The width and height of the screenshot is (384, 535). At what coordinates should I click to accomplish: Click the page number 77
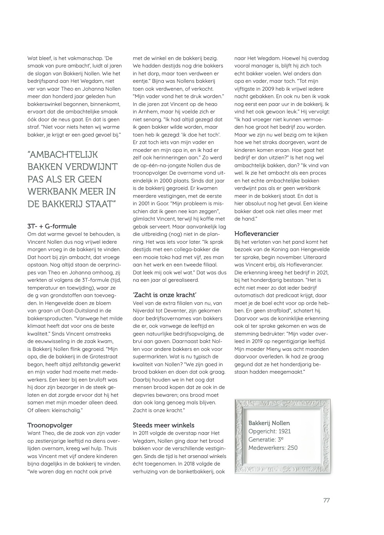pyautogui.click(x=326, y=500)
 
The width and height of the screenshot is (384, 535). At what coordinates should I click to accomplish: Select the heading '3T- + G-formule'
pyautogui.click(x=52, y=226)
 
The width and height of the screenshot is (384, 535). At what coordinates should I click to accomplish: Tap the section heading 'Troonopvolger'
pyautogui.click(x=50, y=425)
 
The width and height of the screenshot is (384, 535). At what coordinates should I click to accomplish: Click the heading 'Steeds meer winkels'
pyautogui.click(x=163, y=425)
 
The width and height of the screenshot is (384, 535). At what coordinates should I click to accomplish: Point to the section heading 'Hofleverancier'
pyautogui.click(x=256, y=234)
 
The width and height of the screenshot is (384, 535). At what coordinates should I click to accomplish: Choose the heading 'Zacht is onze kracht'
pyautogui.click(x=165, y=295)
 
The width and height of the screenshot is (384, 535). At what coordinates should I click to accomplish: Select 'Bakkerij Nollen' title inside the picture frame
pyautogui.click(x=269, y=423)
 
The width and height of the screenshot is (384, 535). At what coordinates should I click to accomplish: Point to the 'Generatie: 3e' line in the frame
pyautogui.click(x=266, y=440)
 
